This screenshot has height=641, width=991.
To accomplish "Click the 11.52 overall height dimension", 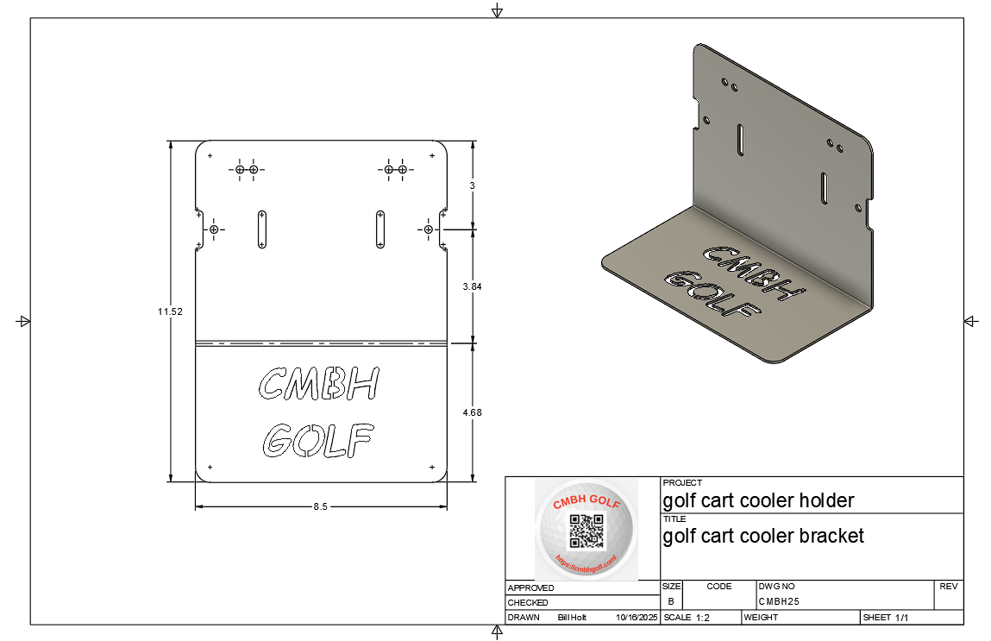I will (170, 311).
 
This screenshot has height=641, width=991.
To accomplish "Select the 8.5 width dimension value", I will (320, 507).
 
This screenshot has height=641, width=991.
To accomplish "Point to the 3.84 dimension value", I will (472, 286).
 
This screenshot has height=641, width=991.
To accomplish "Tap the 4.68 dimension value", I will (472, 412).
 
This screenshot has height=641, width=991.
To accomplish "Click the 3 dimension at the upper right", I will (472, 185).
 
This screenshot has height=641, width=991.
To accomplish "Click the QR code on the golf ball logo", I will (586, 531).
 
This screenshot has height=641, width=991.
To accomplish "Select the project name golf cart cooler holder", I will (758, 500).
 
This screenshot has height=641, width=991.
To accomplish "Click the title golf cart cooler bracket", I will (763, 536).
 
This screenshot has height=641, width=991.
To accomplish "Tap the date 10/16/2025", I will (637, 618).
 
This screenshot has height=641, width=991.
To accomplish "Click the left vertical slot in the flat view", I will (261, 229).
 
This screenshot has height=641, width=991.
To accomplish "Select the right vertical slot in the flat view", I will (379, 229).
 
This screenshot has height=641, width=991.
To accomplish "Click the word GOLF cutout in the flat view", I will (319, 441).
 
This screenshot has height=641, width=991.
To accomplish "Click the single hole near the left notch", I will (214, 229).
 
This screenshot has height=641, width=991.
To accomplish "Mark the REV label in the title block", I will (949, 587).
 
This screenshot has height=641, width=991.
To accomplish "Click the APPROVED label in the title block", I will (530, 588).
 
